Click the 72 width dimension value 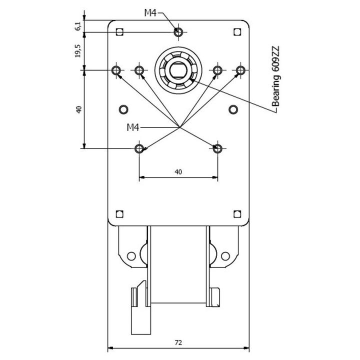pyautogui.click(x=178, y=342)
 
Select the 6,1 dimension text pyautogui.click(x=78, y=26)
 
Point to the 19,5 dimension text pyautogui.click(x=78, y=50)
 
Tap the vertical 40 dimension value pyautogui.click(x=79, y=109)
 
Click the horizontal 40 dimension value pyautogui.click(x=178, y=171)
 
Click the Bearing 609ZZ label pyautogui.click(x=275, y=76)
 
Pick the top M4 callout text pyautogui.click(x=150, y=13)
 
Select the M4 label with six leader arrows pyautogui.click(x=133, y=127)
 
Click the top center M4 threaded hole pyautogui.click(x=178, y=32)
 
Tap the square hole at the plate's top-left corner pyautogui.click(x=119, y=31)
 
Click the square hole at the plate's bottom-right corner pyautogui.click(x=237, y=214)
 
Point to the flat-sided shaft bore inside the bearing pyautogui.click(x=178, y=70)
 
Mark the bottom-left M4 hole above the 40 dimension pyautogui.click(x=139, y=148)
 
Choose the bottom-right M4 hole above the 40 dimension pyautogui.click(x=217, y=148)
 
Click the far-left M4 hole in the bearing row pyautogui.click(x=116, y=70)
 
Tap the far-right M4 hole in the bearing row pyautogui.click(x=240, y=70)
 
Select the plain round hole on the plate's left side pyautogui.click(x=123, y=109)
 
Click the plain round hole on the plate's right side pyautogui.click(x=233, y=109)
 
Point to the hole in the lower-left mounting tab pyautogui.click(x=131, y=256)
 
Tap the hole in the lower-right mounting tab pyautogui.click(x=225, y=256)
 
